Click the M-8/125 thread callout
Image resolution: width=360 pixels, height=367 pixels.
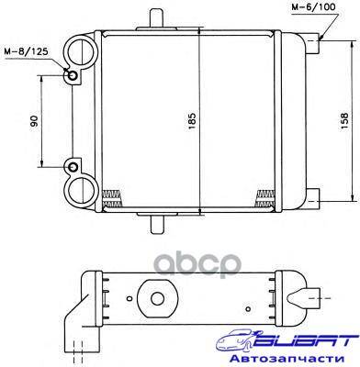coord(26,51)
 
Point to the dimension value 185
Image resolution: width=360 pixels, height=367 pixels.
coord(192,121)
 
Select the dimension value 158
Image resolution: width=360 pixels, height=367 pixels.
coord(344,121)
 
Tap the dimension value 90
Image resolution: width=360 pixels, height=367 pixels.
coord(34,121)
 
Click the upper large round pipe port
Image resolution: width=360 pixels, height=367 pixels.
coord(82,50)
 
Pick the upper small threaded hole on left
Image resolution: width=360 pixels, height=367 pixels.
coord(73,75)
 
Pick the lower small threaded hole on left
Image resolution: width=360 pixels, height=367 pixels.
coord(73,167)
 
